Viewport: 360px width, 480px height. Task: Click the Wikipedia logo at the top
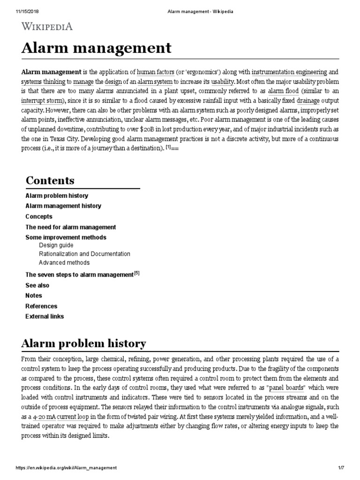point(47,26)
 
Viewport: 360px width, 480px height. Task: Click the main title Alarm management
point(96,48)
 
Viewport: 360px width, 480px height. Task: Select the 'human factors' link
point(156,72)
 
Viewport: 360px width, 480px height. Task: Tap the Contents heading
point(50,180)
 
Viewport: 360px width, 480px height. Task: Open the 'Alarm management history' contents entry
point(63,206)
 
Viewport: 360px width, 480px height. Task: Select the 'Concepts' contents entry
point(38,217)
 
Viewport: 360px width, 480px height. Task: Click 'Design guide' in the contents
point(56,245)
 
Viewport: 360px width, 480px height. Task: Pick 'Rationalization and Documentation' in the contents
point(84,254)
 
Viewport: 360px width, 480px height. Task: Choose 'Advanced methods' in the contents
point(64,263)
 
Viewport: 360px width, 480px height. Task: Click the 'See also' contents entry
point(37,285)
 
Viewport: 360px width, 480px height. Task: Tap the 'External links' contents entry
point(45,316)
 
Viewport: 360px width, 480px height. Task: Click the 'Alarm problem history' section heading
point(83,344)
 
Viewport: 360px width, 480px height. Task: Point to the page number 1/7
point(348,468)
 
